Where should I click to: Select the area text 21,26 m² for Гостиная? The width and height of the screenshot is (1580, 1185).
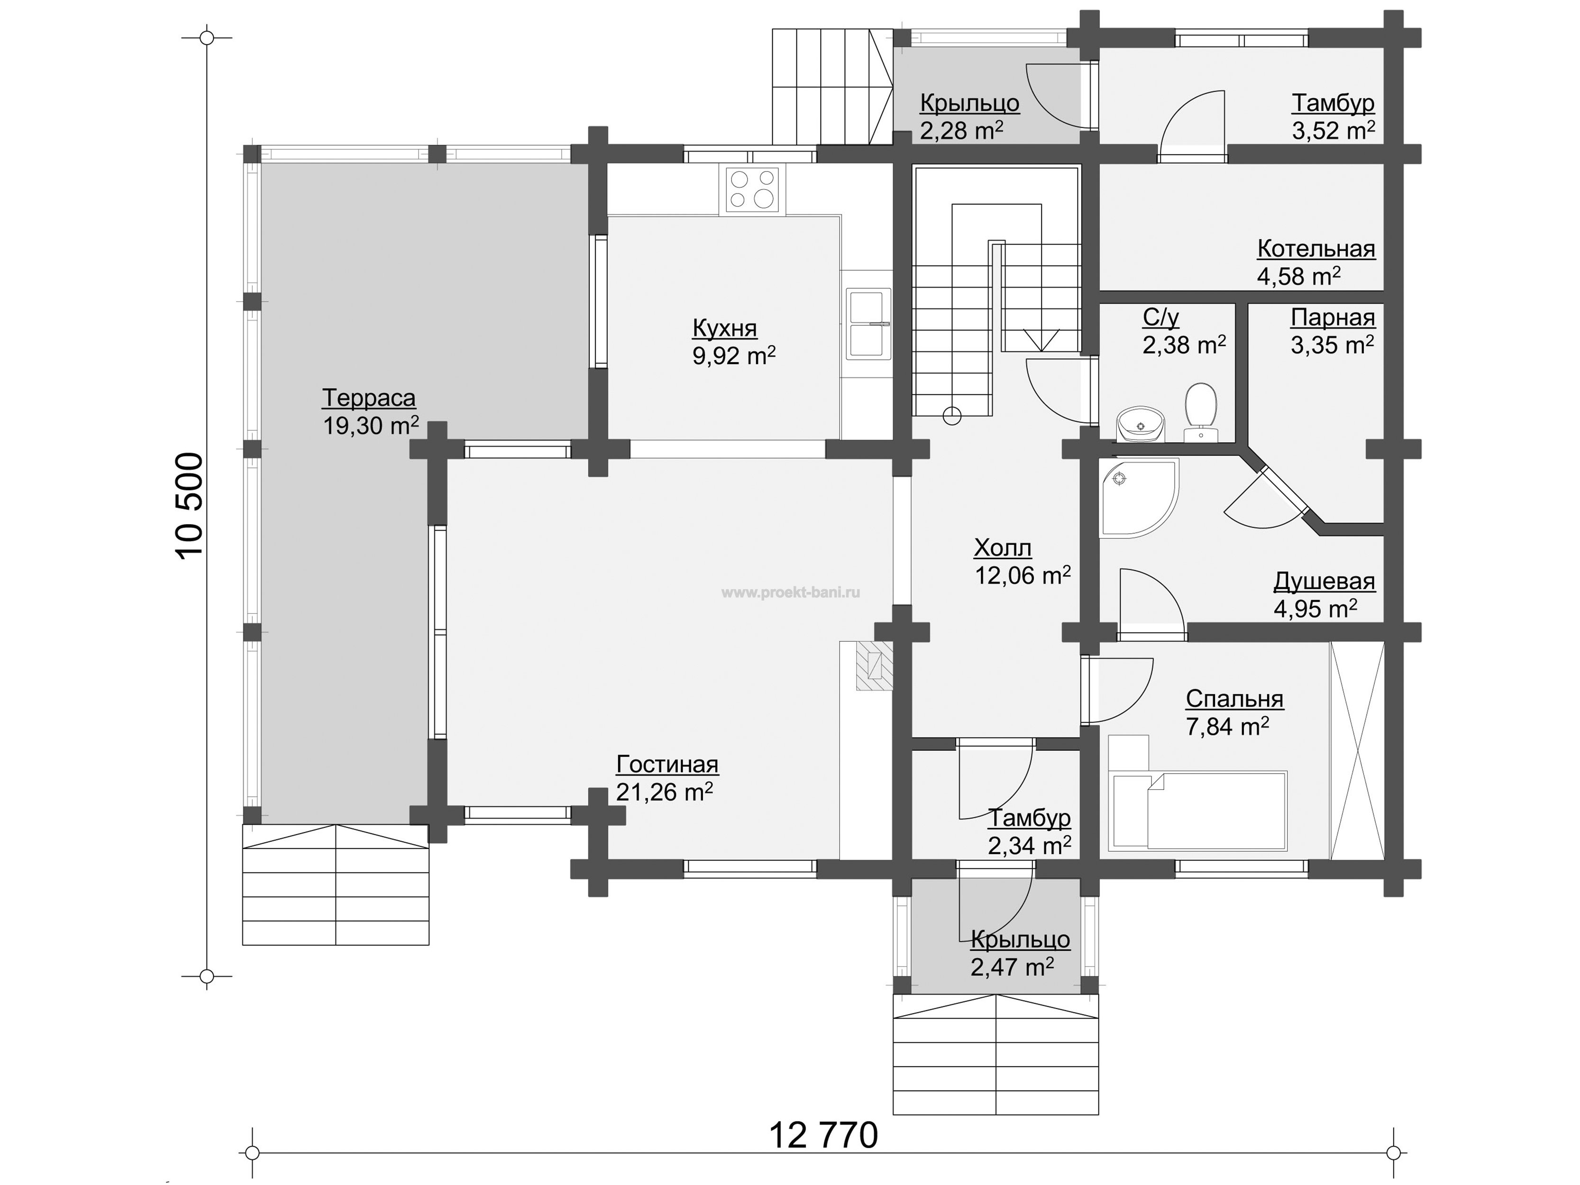point(664,792)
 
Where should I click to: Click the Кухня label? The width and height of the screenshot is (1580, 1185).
point(725,328)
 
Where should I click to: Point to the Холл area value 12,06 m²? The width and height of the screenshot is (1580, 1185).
point(1023,575)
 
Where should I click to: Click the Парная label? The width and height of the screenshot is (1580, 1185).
point(1333,317)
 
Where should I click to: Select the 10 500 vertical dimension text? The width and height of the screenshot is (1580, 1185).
point(192,506)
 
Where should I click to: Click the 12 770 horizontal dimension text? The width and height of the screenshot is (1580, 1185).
point(823,1135)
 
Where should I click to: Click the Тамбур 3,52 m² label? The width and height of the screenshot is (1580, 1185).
point(1333,117)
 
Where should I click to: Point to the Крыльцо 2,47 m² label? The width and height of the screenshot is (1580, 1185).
point(1020,954)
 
